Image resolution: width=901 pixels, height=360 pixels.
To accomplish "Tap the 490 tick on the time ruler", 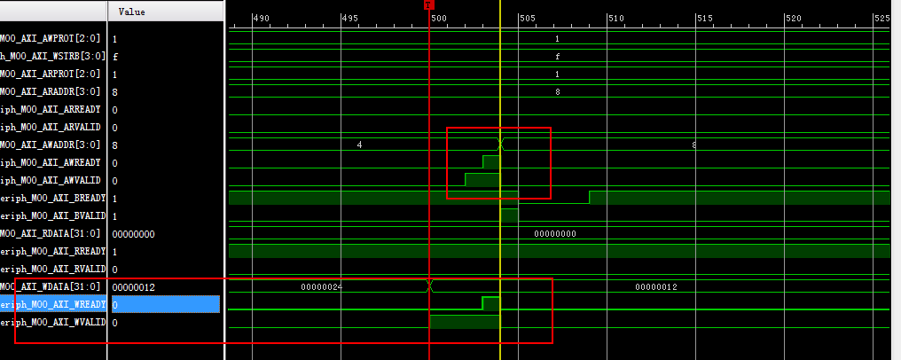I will click(x=261, y=19).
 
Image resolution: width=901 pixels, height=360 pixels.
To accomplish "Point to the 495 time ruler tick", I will click(x=349, y=19).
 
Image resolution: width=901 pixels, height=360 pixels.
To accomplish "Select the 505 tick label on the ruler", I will click(x=527, y=19).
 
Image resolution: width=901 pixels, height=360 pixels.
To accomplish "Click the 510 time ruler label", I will click(x=616, y=19).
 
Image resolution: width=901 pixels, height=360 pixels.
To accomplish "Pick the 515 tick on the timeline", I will click(x=705, y=19).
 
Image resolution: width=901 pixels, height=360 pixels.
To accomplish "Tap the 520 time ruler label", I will click(x=794, y=19).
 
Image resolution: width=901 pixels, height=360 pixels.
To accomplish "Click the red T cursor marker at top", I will click(x=429, y=4).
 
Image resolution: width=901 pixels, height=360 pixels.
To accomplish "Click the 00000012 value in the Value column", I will click(x=134, y=287).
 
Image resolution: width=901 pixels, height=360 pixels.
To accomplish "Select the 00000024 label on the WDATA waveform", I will click(x=321, y=287).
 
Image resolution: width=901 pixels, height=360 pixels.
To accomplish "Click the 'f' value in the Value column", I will click(x=115, y=57).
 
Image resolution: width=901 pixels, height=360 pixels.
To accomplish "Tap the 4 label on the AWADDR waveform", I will click(x=359, y=145).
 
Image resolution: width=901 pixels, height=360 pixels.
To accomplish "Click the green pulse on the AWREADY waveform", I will click(x=491, y=162).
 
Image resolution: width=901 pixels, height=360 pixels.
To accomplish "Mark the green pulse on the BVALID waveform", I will click(x=509, y=215).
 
